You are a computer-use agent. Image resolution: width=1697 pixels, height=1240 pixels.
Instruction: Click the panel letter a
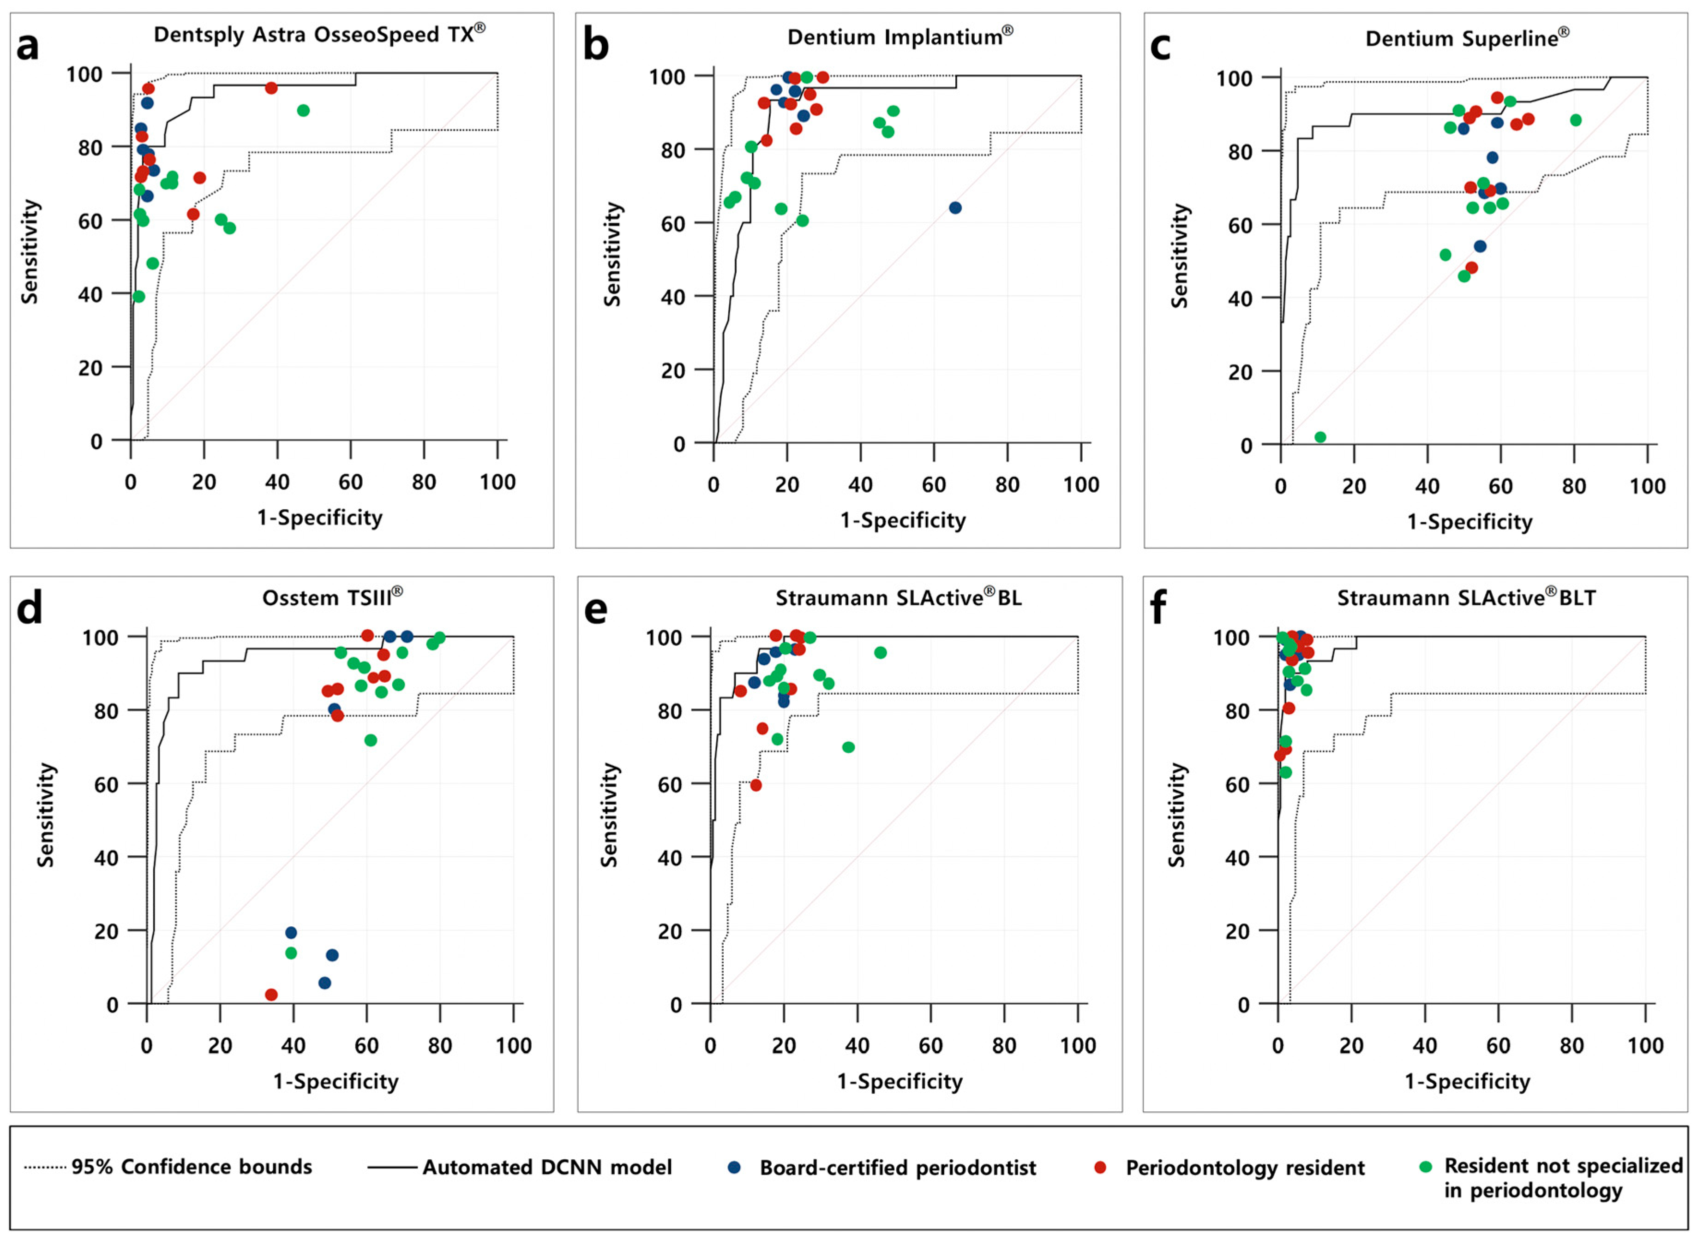tap(28, 47)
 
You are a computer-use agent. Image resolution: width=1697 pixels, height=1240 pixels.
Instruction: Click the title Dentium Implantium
tap(899, 37)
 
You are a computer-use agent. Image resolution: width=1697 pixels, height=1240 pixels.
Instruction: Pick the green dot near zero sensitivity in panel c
tap(1320, 437)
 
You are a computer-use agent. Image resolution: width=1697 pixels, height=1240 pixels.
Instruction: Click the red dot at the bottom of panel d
tap(271, 995)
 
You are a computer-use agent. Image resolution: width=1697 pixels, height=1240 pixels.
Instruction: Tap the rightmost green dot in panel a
tap(303, 110)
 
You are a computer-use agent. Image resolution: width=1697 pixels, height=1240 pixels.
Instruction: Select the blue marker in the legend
tap(734, 1167)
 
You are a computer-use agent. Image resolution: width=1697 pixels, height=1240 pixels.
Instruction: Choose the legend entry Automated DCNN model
tap(546, 1167)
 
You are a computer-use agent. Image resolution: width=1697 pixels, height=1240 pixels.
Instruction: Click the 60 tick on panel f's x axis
tap(1498, 1046)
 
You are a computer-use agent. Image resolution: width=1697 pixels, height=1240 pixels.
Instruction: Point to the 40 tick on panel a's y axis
tap(90, 294)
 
